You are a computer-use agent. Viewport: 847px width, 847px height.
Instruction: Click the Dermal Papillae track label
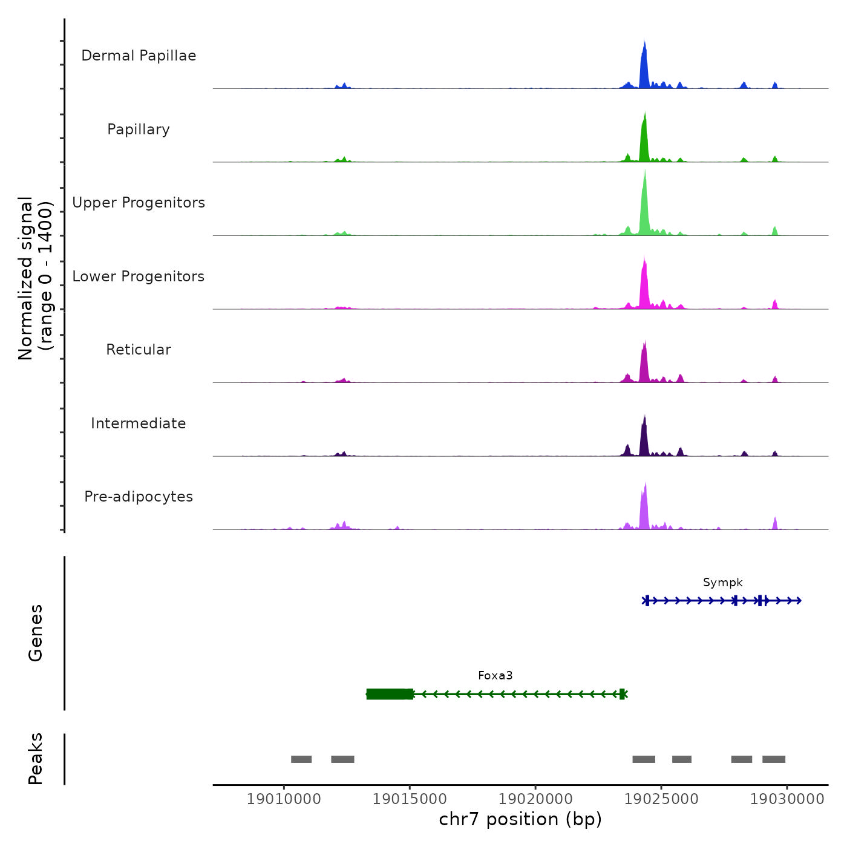pyautogui.click(x=139, y=56)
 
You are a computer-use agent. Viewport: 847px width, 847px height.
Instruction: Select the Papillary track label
pyautogui.click(x=139, y=129)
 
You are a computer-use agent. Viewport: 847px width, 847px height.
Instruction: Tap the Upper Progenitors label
pyautogui.click(x=139, y=203)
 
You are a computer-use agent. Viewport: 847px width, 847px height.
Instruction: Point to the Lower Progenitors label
pyautogui.click(x=139, y=276)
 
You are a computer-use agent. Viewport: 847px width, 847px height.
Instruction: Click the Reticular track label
pyautogui.click(x=139, y=350)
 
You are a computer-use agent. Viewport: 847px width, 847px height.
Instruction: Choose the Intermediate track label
pyautogui.click(x=139, y=423)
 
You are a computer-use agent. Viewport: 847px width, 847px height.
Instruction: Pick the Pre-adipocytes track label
pyautogui.click(x=139, y=497)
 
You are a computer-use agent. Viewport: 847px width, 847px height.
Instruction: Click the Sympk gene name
pyautogui.click(x=722, y=583)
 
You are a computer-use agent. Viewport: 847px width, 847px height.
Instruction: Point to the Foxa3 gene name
pyautogui.click(x=495, y=676)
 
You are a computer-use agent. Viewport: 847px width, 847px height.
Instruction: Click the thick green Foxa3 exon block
pyautogui.click(x=390, y=694)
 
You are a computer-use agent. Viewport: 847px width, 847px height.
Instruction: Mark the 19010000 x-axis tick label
pyautogui.click(x=284, y=799)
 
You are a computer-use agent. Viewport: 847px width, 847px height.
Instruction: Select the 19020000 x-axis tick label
pyautogui.click(x=535, y=799)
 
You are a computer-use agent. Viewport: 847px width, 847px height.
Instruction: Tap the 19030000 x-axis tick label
pyautogui.click(x=787, y=799)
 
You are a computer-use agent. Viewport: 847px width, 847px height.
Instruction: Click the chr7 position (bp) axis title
pyautogui.click(x=520, y=820)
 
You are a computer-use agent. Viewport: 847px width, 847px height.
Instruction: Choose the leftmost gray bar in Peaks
pyautogui.click(x=301, y=759)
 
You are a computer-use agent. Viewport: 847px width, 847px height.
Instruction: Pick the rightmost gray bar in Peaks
pyautogui.click(x=774, y=759)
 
